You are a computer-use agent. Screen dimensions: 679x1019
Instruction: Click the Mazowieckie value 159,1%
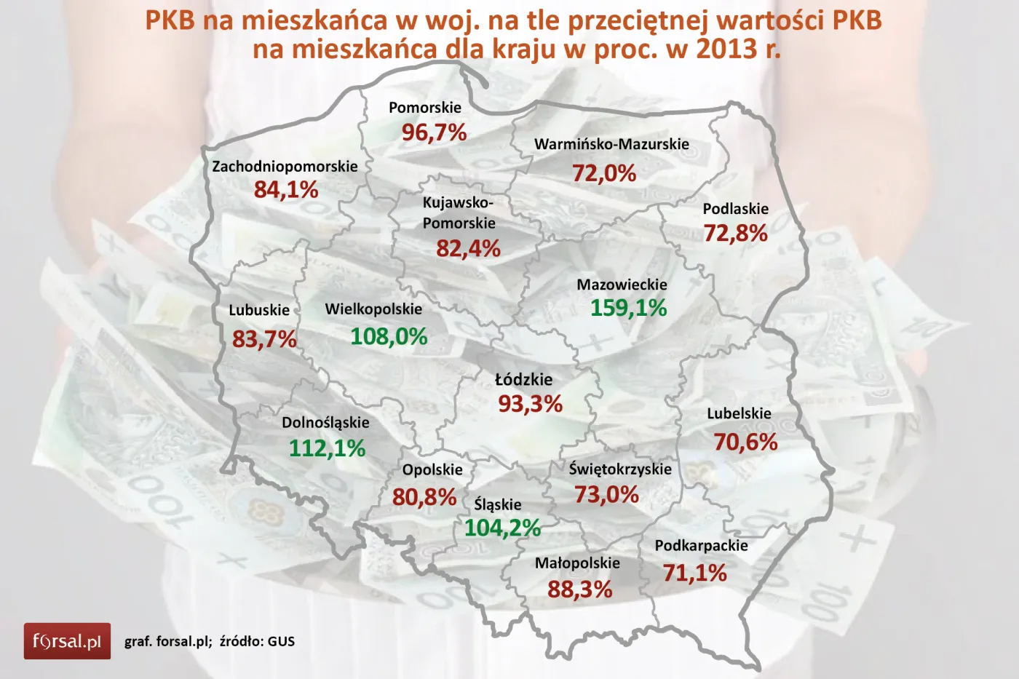click(628, 308)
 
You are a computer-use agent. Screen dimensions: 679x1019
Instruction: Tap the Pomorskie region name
click(425, 108)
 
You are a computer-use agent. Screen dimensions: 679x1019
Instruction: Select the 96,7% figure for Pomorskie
click(434, 132)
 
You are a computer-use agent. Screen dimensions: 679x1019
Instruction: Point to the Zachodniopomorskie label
click(285, 166)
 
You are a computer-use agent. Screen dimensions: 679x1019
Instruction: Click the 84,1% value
click(286, 190)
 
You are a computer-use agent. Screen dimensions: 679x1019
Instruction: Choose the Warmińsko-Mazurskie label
click(611, 144)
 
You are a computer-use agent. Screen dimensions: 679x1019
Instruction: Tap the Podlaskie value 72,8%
click(735, 233)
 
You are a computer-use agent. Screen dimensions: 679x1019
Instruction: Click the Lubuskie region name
click(259, 310)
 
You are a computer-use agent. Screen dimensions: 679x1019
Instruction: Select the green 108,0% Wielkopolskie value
click(389, 336)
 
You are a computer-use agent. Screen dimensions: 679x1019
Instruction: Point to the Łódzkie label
click(523, 379)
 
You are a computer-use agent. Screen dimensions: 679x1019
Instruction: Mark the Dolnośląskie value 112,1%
click(327, 448)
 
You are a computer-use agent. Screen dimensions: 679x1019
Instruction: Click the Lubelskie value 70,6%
click(745, 442)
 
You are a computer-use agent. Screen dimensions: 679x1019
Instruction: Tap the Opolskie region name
click(432, 469)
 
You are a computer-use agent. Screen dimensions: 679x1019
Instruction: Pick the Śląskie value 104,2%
click(502, 528)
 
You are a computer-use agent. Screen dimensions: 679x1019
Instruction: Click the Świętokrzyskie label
click(620, 469)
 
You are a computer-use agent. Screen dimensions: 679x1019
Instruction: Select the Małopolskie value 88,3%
click(579, 589)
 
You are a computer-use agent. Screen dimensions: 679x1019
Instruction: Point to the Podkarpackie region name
click(701, 545)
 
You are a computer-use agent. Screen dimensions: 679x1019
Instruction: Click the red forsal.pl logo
click(67, 641)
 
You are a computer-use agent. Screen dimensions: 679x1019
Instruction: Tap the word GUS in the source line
click(281, 641)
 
